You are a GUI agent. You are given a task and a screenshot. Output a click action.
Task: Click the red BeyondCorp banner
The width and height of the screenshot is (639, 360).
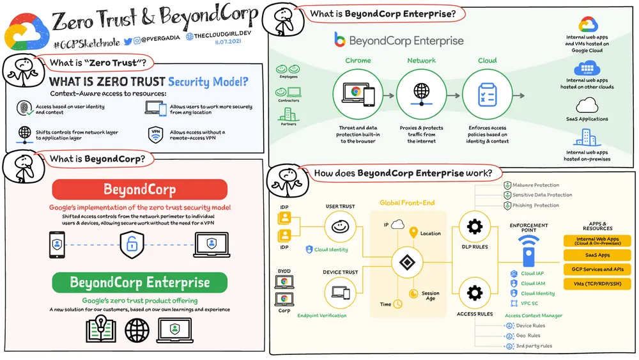pos(139,190)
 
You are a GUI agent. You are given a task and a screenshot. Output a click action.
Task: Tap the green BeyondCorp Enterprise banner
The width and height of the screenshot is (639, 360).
pos(139,282)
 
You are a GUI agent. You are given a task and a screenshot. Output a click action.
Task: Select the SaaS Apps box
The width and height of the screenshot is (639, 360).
pos(596,255)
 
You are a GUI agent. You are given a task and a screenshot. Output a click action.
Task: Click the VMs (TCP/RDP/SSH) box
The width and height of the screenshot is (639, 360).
pos(596,284)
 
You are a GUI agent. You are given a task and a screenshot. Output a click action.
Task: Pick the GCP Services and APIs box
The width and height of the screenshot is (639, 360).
pos(596,269)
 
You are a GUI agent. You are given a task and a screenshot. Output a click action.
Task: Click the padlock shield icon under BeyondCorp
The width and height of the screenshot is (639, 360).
pos(131,244)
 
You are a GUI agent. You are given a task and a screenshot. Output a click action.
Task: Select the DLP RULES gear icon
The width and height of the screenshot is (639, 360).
pos(474,227)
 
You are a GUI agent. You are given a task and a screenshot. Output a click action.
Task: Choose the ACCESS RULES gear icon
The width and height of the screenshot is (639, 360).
pos(474,293)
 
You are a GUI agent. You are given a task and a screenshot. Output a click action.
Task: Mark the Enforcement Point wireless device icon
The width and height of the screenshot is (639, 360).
pos(528,250)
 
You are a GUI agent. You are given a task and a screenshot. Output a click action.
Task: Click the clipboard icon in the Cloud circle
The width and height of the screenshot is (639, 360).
pos(487,94)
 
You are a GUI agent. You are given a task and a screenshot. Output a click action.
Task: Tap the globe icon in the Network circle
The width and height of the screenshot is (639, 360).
pos(421,92)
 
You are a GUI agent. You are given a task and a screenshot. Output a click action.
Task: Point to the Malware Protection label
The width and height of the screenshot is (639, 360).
pos(535,185)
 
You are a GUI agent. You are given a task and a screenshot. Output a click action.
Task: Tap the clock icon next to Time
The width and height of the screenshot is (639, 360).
pos(397,304)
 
